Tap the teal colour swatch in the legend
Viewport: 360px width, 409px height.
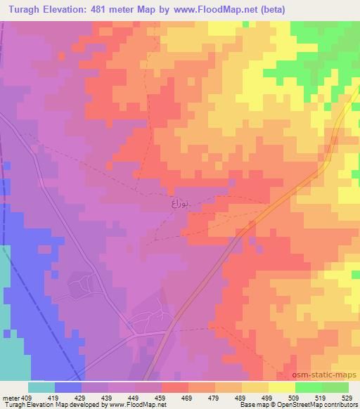(x=41, y=387)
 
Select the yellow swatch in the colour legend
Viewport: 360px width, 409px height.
(x=281, y=387)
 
